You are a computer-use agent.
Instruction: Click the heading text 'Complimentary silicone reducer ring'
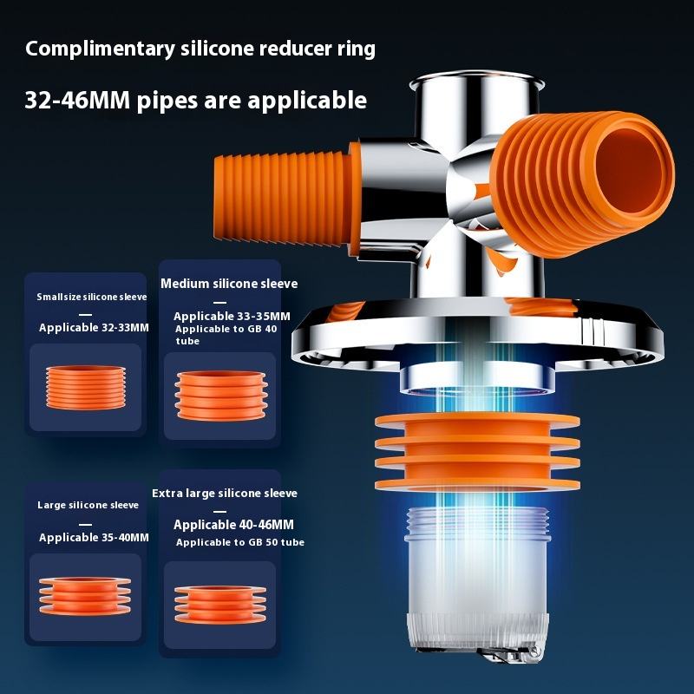pyautogui.click(x=200, y=49)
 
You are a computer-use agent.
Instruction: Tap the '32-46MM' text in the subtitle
pyautogui.click(x=77, y=100)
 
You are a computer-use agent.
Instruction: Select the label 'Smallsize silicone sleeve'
pyautogui.click(x=92, y=297)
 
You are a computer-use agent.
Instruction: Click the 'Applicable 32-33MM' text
pyautogui.click(x=94, y=328)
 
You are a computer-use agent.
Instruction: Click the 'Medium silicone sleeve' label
pyautogui.click(x=229, y=284)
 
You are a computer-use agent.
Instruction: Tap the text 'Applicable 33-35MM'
pyautogui.click(x=232, y=317)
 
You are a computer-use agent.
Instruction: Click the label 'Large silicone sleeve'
pyautogui.click(x=88, y=505)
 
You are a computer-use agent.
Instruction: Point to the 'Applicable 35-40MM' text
pyautogui.click(x=94, y=538)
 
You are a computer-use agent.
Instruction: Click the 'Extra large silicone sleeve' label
pyautogui.click(x=225, y=493)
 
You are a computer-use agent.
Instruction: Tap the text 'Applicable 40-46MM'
pyautogui.click(x=233, y=525)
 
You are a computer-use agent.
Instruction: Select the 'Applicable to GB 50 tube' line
pyautogui.click(x=240, y=542)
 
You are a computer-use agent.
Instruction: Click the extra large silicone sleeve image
pyautogui.click(x=219, y=606)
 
